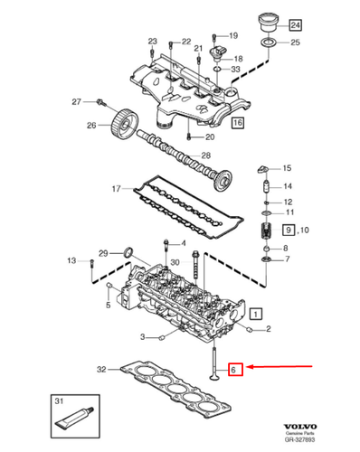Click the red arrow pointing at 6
280,367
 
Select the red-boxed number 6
233,368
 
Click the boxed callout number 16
237,120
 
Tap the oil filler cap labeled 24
268,21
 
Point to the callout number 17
115,188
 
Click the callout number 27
77,101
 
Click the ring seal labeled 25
268,42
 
